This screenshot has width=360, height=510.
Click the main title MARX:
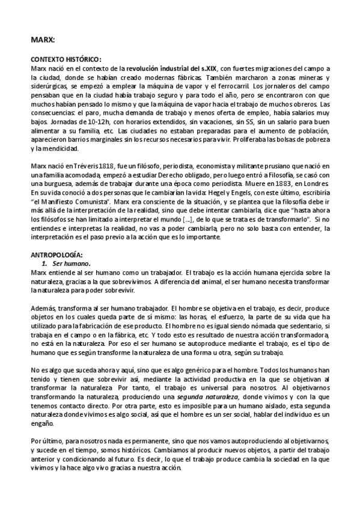[43, 40]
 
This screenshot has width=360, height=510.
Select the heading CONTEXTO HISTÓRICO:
[66, 60]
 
